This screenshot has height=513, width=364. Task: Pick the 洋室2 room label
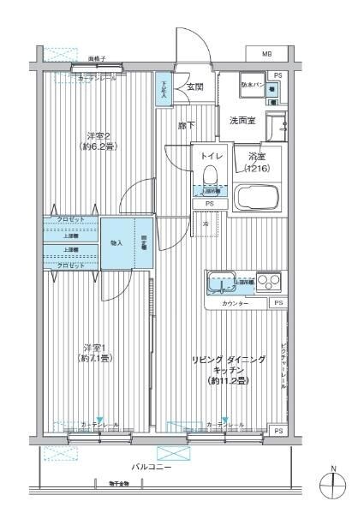tap(98, 140)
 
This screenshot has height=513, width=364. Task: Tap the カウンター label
tap(235, 304)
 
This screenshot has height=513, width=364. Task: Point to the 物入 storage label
tap(117, 243)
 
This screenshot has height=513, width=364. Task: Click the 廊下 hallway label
tap(186, 127)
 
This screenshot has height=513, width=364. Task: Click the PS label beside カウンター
tap(277, 303)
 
